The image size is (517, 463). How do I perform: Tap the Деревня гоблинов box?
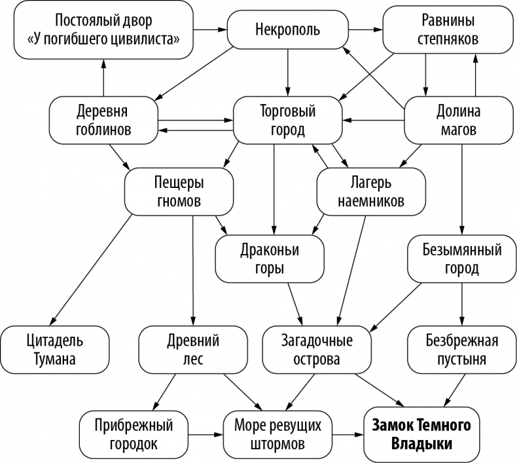pos(103,120)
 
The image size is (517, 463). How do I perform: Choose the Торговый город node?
pos(287,120)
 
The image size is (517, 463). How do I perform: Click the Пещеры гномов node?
pos(179,191)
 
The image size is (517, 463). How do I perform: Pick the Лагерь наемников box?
pos(371,191)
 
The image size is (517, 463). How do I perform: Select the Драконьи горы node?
pos(269,258)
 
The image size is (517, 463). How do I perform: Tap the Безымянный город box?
pos(463,258)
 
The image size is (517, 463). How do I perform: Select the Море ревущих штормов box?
pos(277,434)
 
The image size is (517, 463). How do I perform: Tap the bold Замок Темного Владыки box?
pos(421,434)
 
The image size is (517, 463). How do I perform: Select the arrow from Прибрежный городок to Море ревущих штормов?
pos(201,434)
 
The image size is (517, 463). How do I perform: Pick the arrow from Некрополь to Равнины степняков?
pos(365,29)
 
